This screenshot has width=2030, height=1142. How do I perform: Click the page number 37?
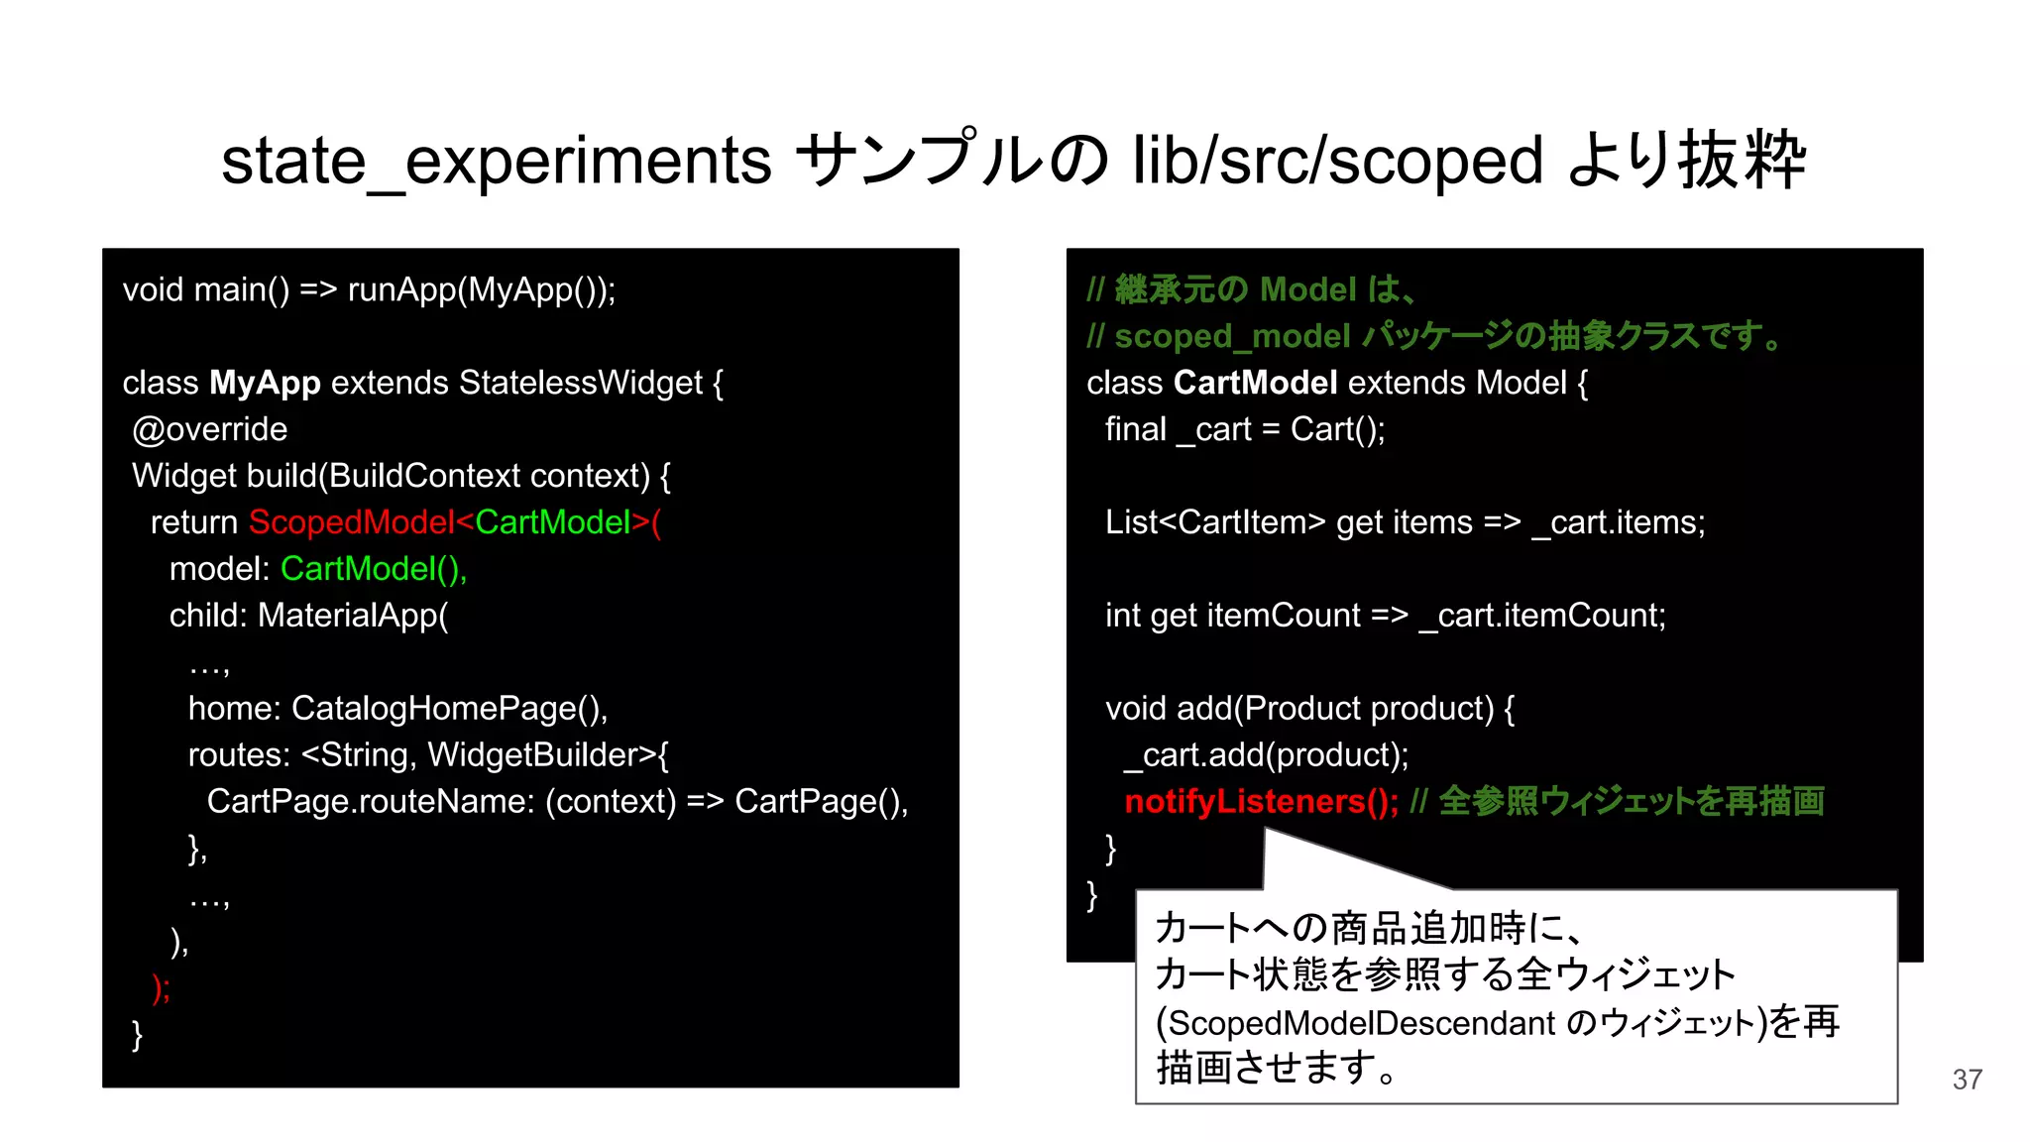pyautogui.click(x=1967, y=1080)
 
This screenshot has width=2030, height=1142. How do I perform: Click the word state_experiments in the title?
pyautogui.click(x=496, y=162)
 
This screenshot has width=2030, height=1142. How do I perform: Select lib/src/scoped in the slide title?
pyautogui.click(x=1337, y=162)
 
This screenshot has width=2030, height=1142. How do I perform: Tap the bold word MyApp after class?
pyautogui.click(x=265, y=383)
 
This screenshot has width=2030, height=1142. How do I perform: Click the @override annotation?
pyautogui.click(x=209, y=429)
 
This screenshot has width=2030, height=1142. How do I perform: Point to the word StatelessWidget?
pyautogui.click(x=581, y=383)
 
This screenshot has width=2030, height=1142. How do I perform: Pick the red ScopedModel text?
pyautogui.click(x=351, y=522)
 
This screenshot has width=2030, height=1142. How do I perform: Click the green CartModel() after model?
pyautogui.click(x=373, y=569)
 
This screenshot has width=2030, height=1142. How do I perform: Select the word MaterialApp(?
pyautogui.click(x=353, y=616)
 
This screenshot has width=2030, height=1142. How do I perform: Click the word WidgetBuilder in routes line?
pyautogui.click(x=541, y=755)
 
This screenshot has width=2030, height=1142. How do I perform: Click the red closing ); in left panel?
pyautogui.click(x=161, y=987)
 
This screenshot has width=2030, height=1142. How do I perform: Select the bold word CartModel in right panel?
pyautogui.click(x=1255, y=383)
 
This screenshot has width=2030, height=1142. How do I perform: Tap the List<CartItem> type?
pyautogui.click(x=1214, y=522)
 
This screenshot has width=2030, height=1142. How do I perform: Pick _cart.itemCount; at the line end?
pyautogui.click(x=1542, y=616)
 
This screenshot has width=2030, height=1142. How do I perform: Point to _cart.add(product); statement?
pyautogui.click(x=1266, y=755)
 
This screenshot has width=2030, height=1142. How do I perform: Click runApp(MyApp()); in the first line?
pyautogui.click(x=482, y=289)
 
